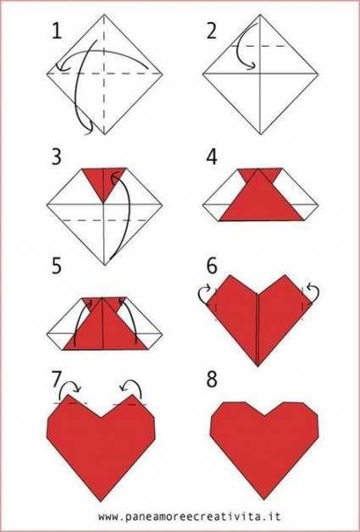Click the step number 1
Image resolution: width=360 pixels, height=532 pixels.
click(x=57, y=31)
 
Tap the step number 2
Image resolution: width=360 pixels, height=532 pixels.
click(x=212, y=31)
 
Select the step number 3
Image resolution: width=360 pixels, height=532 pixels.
click(x=56, y=158)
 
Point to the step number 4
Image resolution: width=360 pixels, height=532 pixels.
click(x=212, y=158)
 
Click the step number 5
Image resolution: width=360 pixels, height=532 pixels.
click(x=56, y=265)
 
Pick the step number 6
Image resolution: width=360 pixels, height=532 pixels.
click(x=212, y=265)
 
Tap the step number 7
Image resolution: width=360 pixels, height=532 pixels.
click(x=57, y=380)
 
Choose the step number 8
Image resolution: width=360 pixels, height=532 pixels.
click(x=212, y=380)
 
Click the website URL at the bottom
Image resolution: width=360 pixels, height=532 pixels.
click(x=190, y=517)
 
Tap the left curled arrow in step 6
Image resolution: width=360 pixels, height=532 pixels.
click(x=205, y=294)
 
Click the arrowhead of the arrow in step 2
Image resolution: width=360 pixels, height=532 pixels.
click(x=252, y=66)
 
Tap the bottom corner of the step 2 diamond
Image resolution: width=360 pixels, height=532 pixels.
click(x=261, y=135)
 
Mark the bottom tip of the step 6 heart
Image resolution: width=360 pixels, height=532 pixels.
click(x=258, y=366)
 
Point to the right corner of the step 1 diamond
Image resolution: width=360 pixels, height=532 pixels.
click(x=162, y=74)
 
